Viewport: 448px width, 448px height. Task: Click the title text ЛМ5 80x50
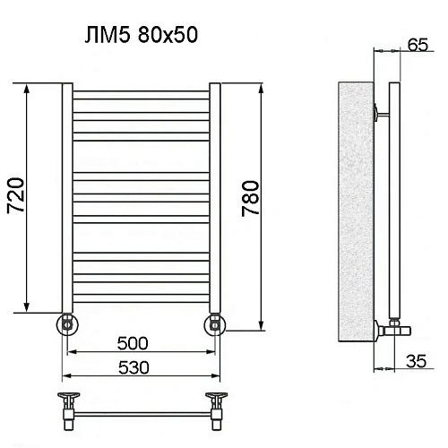point(139,35)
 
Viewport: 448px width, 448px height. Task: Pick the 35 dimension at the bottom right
point(415,362)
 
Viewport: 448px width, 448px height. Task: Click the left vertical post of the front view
point(66,197)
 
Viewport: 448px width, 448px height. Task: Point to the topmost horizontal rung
point(140,91)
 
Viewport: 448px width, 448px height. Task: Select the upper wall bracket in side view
point(381,112)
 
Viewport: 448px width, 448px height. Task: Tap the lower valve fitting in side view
point(383,328)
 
